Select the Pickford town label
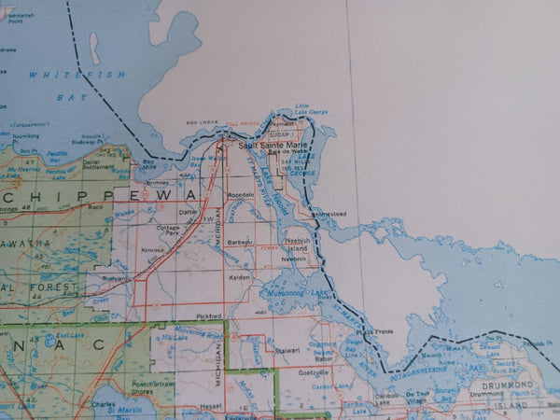pyautogui.click(x=208, y=316)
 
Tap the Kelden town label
pyautogui.click(x=239, y=277)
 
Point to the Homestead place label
pyautogui.click(x=329, y=214)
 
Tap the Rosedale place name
pyautogui.click(x=243, y=193)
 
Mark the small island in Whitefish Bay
pyautogui.click(x=94, y=49)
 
